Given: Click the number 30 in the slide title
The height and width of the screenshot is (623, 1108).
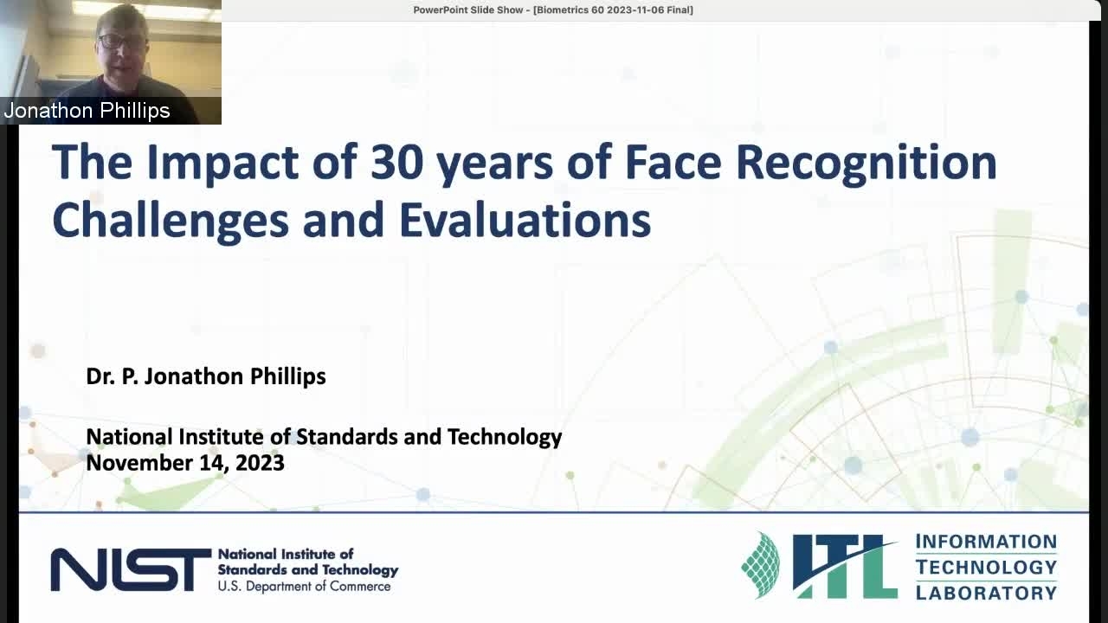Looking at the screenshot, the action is click(396, 162).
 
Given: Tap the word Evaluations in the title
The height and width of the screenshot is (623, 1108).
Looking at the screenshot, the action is click(525, 220).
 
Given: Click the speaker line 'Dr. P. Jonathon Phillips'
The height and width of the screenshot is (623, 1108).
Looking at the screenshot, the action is click(206, 376).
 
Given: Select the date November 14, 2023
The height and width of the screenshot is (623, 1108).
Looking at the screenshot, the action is click(185, 463).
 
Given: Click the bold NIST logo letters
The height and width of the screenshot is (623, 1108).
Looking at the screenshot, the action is click(131, 569).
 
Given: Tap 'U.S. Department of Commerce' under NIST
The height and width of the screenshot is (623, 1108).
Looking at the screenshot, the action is click(304, 587).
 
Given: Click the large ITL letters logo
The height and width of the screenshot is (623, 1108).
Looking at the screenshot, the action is click(845, 566).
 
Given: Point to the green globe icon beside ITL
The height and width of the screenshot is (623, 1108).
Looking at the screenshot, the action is click(761, 565).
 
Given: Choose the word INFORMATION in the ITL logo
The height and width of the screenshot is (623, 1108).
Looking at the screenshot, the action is click(986, 542).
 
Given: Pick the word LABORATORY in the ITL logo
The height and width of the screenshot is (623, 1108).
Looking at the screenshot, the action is click(986, 593).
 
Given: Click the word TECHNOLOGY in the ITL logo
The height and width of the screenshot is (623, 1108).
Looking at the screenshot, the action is click(986, 567).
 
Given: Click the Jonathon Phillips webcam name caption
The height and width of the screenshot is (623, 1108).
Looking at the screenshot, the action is click(87, 110).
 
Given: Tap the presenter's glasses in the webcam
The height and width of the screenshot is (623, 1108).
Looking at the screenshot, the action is click(117, 41).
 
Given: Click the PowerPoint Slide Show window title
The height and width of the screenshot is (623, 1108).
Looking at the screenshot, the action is click(553, 10).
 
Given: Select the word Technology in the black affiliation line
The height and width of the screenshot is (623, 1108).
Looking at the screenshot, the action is click(505, 438).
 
